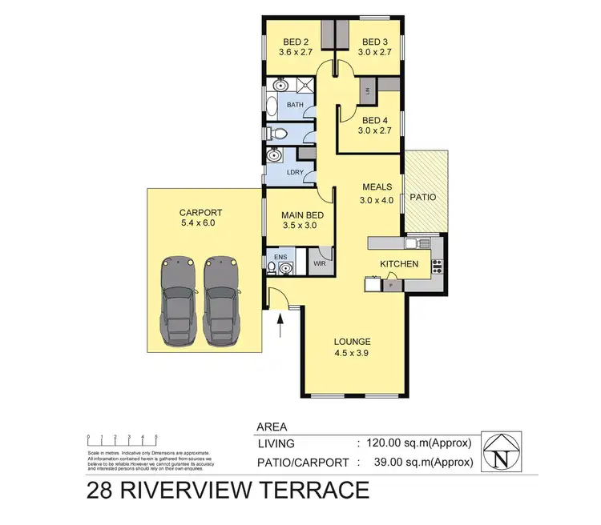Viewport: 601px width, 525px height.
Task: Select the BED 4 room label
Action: point(374,121)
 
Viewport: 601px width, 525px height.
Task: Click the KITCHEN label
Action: point(399,263)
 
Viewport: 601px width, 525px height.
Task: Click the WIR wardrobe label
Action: point(318,262)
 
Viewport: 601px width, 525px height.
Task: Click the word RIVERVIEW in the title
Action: point(212,490)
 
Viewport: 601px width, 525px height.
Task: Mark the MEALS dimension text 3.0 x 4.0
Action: point(377,201)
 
